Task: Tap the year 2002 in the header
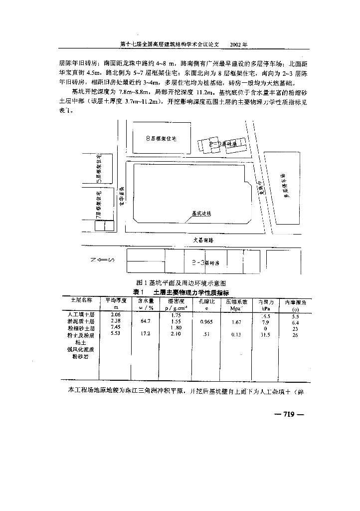click(238, 44)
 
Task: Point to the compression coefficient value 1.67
click(236, 322)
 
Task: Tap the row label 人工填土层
click(81, 315)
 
